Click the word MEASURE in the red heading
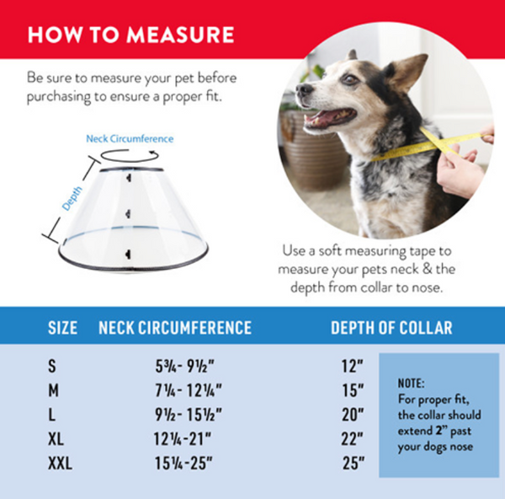coord(180,35)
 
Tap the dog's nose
coord(304,89)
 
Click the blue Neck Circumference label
coord(130,139)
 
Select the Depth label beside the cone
coord(72,199)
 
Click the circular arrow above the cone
coord(130,155)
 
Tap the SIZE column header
coord(62,328)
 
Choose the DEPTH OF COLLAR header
coord(391,328)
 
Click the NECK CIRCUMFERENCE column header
coord(175,328)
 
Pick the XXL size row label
coord(60,464)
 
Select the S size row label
coord(52,366)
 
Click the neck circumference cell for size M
coord(189,390)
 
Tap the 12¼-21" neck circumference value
coord(183,439)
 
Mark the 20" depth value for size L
coord(353,415)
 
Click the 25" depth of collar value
coord(353,464)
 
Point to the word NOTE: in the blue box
coord(412,384)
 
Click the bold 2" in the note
coord(441,430)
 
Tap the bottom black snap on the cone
coord(128,255)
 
